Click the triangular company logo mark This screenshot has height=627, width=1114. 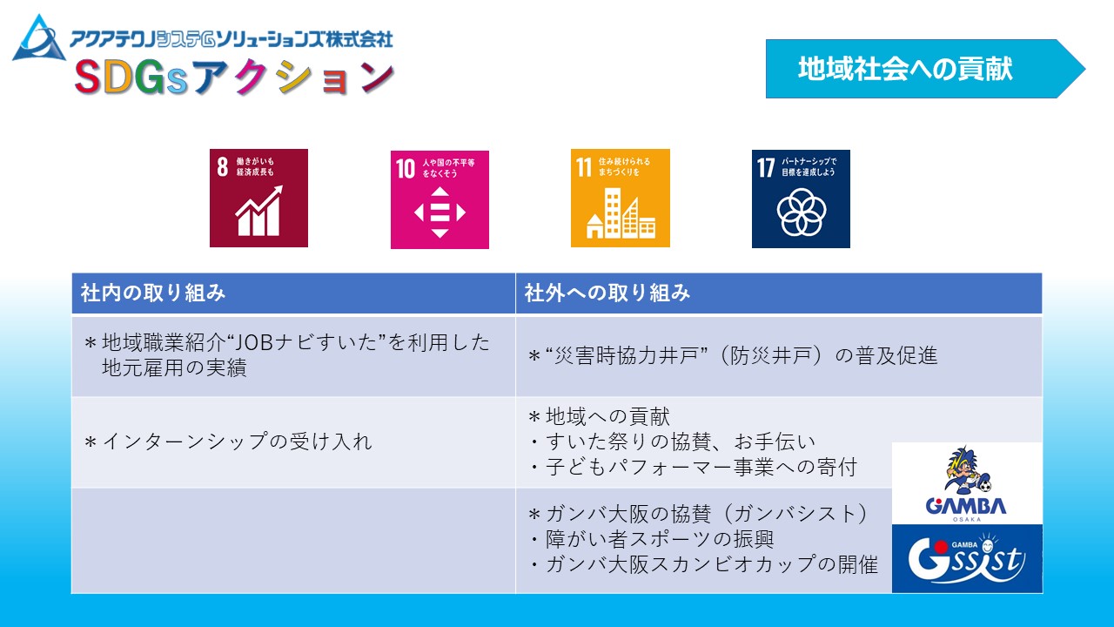[x=39, y=39]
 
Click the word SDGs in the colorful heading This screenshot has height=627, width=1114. [x=131, y=78]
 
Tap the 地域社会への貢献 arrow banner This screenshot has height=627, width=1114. [x=925, y=69]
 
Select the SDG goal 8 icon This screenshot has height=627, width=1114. [x=258, y=198]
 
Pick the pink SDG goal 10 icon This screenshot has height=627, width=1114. [x=440, y=199]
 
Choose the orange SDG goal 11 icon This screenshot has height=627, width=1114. [x=621, y=198]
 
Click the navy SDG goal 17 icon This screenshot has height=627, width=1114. [x=801, y=199]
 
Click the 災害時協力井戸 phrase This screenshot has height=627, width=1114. [x=627, y=356]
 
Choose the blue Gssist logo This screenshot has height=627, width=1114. [x=967, y=558]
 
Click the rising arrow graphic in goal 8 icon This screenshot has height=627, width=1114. [x=258, y=211]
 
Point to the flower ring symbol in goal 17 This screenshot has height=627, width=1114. [x=802, y=212]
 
